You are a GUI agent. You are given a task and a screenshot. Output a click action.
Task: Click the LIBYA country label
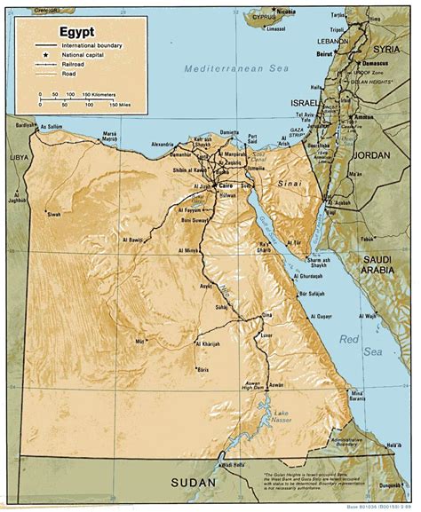[x=17, y=157]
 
